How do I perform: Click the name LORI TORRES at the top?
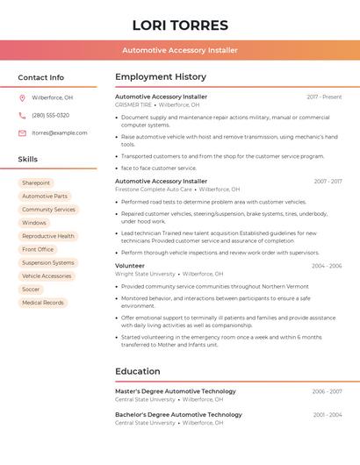pyautogui.click(x=179, y=25)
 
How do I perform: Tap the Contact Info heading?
pyautogui.click(x=40, y=77)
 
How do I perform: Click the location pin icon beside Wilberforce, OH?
pyautogui.click(x=22, y=97)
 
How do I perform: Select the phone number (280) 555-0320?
pyautogui.click(x=50, y=115)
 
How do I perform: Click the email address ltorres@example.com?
pyautogui.click(x=60, y=132)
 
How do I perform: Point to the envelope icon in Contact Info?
pyautogui.click(x=22, y=132)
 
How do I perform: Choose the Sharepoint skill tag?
pyautogui.click(x=36, y=182)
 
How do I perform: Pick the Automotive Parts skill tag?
pyautogui.click(x=45, y=196)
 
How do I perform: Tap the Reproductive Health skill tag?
pyautogui.click(x=48, y=236)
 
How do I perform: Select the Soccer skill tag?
pyautogui.click(x=31, y=289)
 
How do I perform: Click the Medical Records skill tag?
pyautogui.click(x=43, y=303)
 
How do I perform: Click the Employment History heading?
pyautogui.click(x=161, y=77)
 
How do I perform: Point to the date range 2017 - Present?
pyautogui.click(x=324, y=97)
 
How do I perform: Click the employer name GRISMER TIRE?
pyautogui.click(x=133, y=104)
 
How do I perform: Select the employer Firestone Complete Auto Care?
pyautogui.click(x=154, y=189)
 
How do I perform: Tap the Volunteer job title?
pyautogui.click(x=130, y=265)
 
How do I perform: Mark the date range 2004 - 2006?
pyautogui.click(x=327, y=265)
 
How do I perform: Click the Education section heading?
pyautogui.click(x=138, y=371)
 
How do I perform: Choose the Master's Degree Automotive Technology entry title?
pyautogui.click(x=176, y=391)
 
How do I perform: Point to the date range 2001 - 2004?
pyautogui.click(x=328, y=414)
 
